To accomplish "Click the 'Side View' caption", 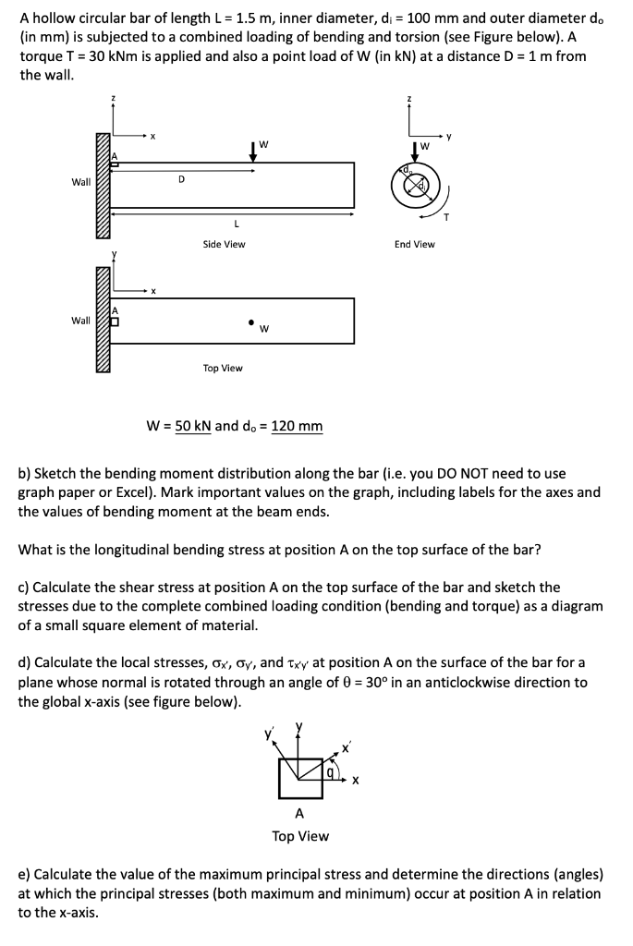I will point(224,244).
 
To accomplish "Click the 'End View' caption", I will point(414,244).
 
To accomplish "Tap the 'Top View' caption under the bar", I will point(223,368).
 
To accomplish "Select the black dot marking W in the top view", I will point(250,322).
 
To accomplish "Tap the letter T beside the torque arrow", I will point(446,219).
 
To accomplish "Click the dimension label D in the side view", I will point(181,178).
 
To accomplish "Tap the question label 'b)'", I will point(25,473).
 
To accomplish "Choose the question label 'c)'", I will point(24,587).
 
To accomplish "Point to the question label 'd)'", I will point(25,662).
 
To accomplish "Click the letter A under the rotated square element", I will point(298,814).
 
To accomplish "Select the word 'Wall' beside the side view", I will point(81,182).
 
